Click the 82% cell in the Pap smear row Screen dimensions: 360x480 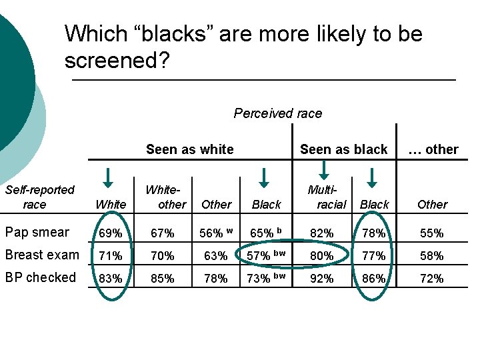click(321, 233)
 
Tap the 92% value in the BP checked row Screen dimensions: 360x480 click(321, 278)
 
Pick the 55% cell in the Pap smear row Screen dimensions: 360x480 click(432, 233)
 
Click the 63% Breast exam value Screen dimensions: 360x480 click(215, 255)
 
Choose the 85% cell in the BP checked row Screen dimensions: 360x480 click(163, 278)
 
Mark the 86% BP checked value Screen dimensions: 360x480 click(373, 278)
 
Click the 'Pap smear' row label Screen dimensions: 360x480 click(37, 232)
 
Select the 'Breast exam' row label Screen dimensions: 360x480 click(41, 255)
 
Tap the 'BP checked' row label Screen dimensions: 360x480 click(40, 277)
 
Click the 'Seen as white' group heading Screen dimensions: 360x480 click(189, 149)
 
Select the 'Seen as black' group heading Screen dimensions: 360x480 click(343, 149)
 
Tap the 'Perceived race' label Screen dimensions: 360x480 click(277, 113)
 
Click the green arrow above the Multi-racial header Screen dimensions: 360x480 click(264, 177)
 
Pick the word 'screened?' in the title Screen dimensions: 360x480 click(117, 61)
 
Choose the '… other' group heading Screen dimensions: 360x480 click(433, 149)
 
